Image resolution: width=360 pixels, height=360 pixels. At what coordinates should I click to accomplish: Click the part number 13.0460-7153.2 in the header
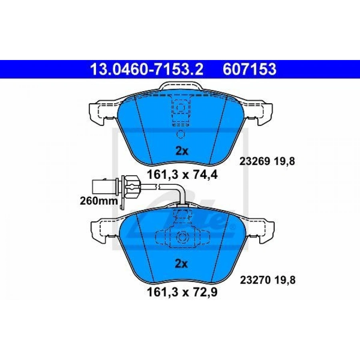click(147, 69)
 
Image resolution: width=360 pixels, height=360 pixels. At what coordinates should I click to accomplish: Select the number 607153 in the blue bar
click(249, 69)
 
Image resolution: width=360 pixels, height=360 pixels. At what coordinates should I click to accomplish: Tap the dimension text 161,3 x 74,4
click(182, 175)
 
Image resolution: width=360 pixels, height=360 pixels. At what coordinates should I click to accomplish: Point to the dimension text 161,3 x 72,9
click(182, 292)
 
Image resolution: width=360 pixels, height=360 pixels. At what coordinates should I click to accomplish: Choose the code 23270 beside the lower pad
click(255, 280)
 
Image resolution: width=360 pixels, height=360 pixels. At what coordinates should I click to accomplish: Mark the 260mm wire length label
click(99, 201)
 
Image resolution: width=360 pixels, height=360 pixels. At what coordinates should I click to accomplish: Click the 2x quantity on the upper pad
click(182, 151)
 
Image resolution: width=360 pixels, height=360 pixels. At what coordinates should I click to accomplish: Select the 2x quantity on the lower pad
click(181, 264)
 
